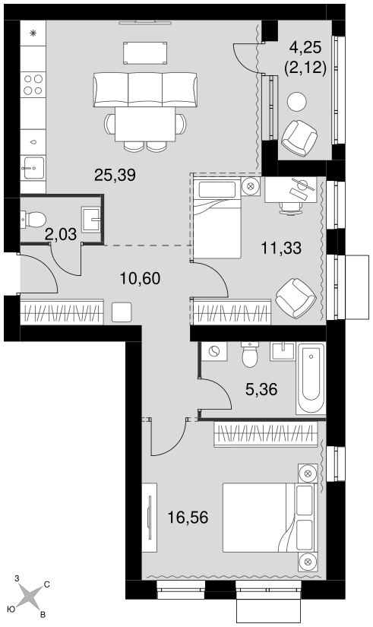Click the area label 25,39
(x=115, y=175)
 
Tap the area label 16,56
(x=188, y=518)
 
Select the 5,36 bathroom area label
(x=261, y=389)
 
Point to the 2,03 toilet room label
(x=61, y=234)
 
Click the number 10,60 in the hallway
(x=141, y=278)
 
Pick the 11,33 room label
(x=281, y=249)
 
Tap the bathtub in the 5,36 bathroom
(x=311, y=378)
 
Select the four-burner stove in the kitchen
(x=33, y=84)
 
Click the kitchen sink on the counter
(x=33, y=167)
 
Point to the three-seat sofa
(x=145, y=90)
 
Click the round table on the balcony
(x=297, y=101)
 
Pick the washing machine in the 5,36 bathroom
(x=214, y=351)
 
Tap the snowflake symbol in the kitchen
(x=33, y=33)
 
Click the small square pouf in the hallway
(x=122, y=312)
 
